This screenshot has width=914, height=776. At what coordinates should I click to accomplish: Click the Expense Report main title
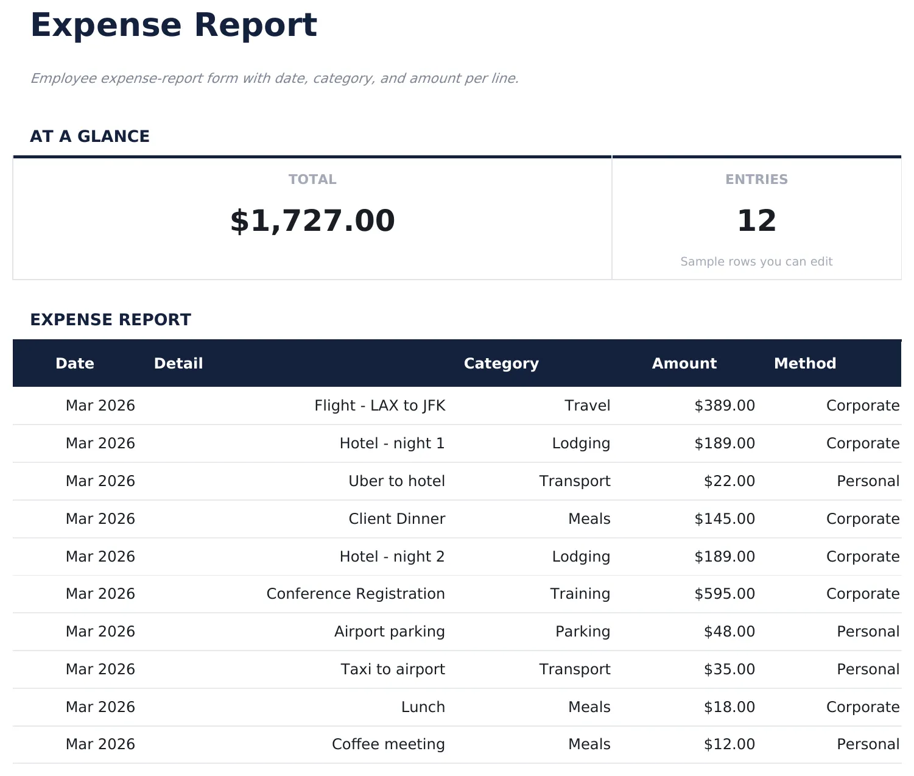(x=174, y=26)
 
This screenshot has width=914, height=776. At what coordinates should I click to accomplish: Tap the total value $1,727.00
(x=312, y=220)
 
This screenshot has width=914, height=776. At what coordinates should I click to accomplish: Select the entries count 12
(x=756, y=220)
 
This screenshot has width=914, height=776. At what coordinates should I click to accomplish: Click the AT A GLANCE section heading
(x=90, y=136)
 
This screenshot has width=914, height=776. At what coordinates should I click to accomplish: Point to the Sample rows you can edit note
(x=756, y=261)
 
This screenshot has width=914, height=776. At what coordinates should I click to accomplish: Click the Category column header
(x=501, y=364)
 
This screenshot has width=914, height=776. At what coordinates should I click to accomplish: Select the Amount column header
(x=684, y=364)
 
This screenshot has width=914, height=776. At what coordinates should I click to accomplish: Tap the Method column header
(x=804, y=364)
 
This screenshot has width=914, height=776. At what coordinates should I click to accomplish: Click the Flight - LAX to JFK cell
(x=379, y=406)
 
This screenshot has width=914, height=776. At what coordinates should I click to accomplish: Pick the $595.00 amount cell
(x=724, y=594)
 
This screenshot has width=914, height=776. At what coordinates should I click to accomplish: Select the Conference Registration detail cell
(x=356, y=594)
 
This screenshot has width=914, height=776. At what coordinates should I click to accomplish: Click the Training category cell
(x=580, y=594)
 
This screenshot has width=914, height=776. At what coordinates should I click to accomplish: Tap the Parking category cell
(x=582, y=632)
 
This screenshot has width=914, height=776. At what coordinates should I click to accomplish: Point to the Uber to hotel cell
(x=396, y=481)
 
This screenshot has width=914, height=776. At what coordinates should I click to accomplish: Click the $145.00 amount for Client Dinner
(x=724, y=519)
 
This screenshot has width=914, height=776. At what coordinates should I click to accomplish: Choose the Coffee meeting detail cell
(x=388, y=744)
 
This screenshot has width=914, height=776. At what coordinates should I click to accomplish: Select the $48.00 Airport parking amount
(x=729, y=632)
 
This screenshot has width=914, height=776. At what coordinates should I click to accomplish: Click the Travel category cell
(x=587, y=406)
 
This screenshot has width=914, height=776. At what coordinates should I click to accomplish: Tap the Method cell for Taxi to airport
(x=868, y=669)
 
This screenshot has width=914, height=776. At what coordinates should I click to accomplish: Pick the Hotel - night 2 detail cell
(x=392, y=557)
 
